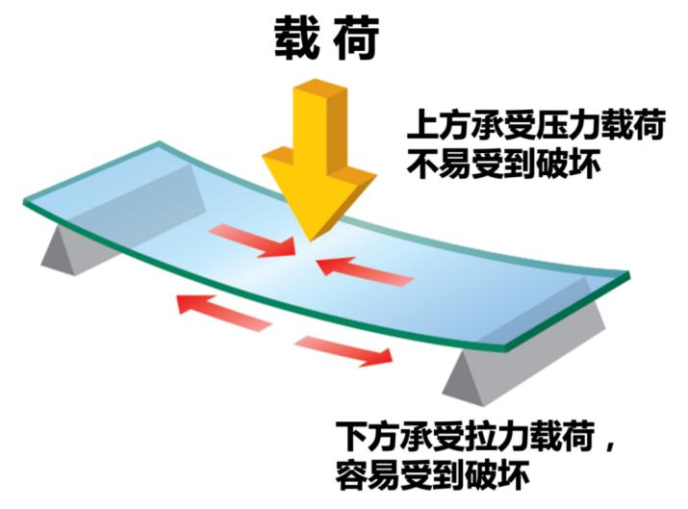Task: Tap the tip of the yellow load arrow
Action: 309,240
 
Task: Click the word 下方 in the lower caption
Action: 363,433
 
